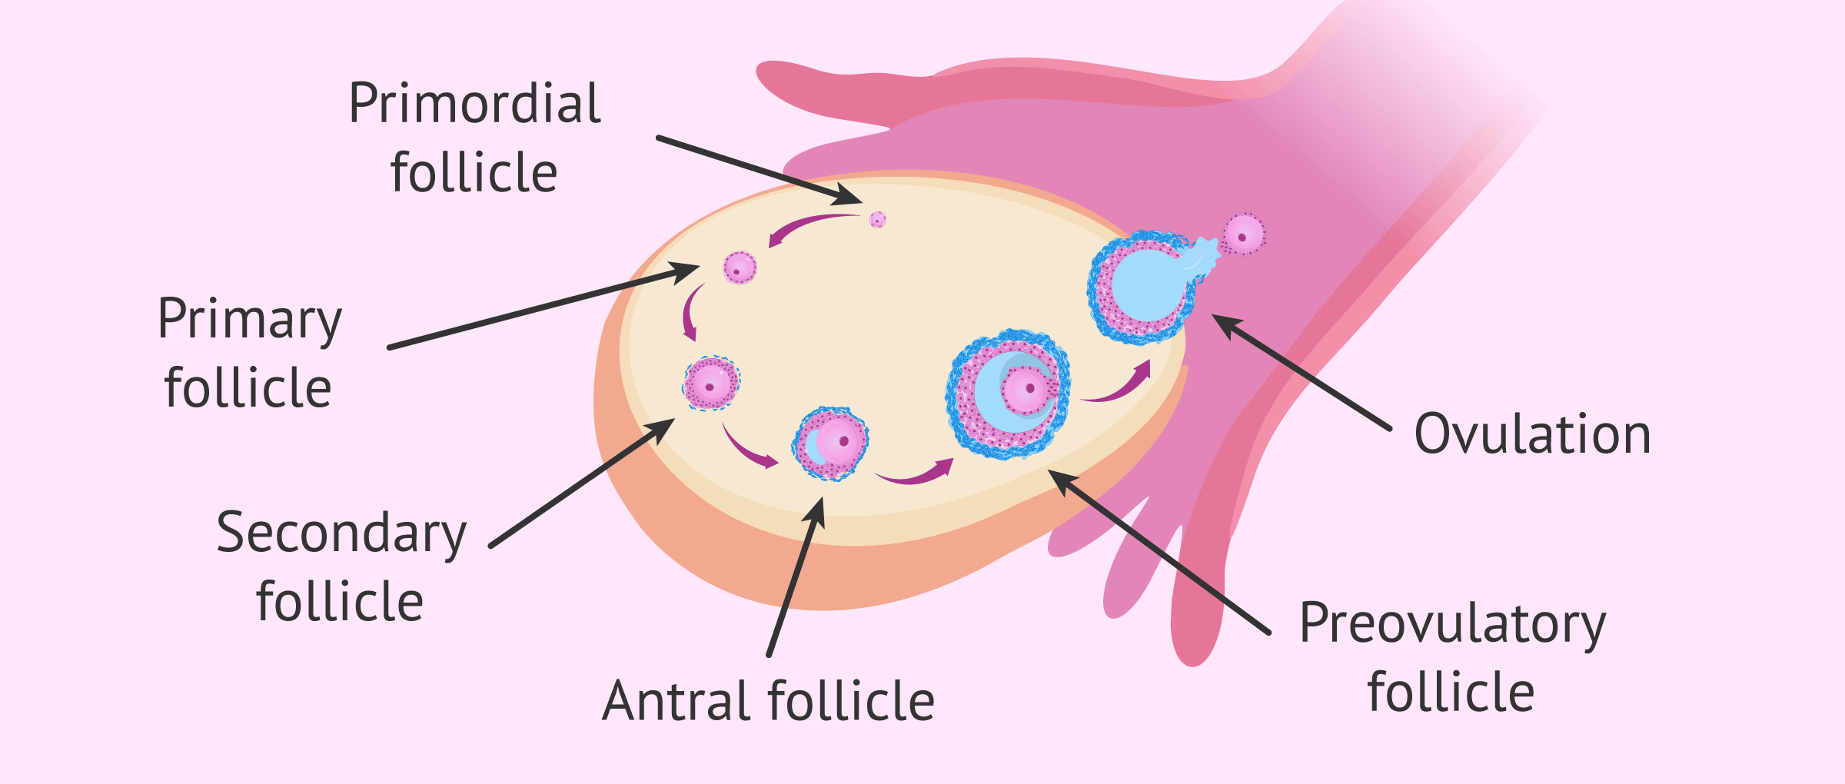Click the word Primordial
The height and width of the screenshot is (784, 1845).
pos(474,104)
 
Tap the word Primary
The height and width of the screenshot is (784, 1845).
pos(250,320)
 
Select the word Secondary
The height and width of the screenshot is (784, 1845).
pos(341,533)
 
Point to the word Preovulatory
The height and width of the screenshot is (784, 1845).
pos(1452,624)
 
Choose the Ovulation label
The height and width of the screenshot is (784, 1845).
pos(1532,434)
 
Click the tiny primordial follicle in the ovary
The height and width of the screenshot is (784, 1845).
pos(878,220)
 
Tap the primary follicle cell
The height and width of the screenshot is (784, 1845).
pos(740,268)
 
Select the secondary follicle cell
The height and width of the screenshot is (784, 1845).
pos(711,383)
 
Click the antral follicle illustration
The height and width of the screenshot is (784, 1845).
pos(830,443)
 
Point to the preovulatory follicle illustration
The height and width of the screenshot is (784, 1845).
pos(1008,394)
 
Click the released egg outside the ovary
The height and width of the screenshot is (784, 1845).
pos(1243,234)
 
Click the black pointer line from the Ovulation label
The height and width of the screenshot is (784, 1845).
pos(1301,372)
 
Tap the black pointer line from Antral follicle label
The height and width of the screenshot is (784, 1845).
pos(796,576)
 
